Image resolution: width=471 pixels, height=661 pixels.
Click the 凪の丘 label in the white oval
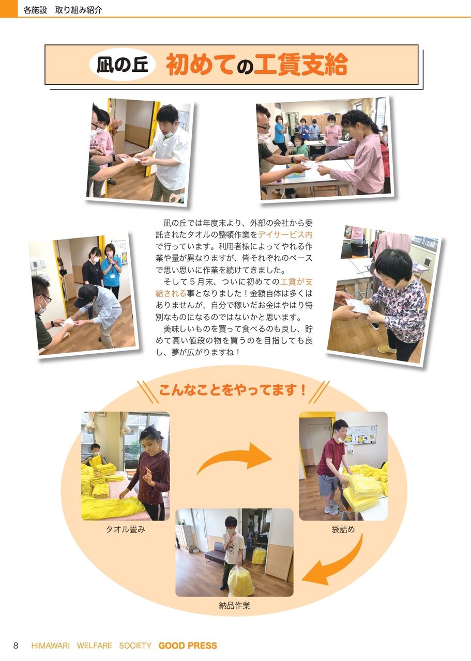122,65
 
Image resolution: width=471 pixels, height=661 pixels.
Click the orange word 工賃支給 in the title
301,65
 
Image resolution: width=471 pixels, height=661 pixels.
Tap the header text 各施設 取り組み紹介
63,10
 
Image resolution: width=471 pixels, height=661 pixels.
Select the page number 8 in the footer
16,646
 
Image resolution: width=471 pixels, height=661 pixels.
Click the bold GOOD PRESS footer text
188,646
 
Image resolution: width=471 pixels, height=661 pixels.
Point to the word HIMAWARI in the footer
51,646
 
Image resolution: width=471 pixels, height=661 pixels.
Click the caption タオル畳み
126,529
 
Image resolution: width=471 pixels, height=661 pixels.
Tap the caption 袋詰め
343,529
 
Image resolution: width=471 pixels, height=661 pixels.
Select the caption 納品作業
234,606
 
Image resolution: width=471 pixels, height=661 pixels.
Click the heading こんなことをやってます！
233,390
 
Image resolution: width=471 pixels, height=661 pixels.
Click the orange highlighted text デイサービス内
285,234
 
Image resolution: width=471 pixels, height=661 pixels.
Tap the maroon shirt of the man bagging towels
330,457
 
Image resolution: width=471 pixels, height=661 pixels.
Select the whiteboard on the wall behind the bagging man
361,435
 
